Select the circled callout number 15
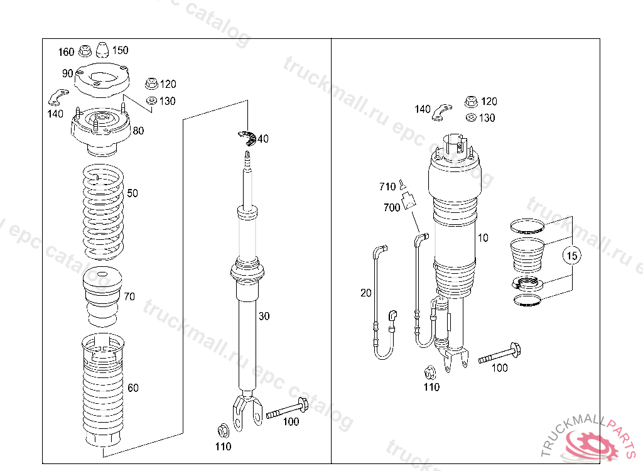coord(571,256)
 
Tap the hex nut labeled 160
coord(85,51)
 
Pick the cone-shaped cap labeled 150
coord(102,50)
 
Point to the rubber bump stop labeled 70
coord(102,296)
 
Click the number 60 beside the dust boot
coord(133,387)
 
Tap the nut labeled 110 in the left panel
coord(223,430)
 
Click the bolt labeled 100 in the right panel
coord(499,354)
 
